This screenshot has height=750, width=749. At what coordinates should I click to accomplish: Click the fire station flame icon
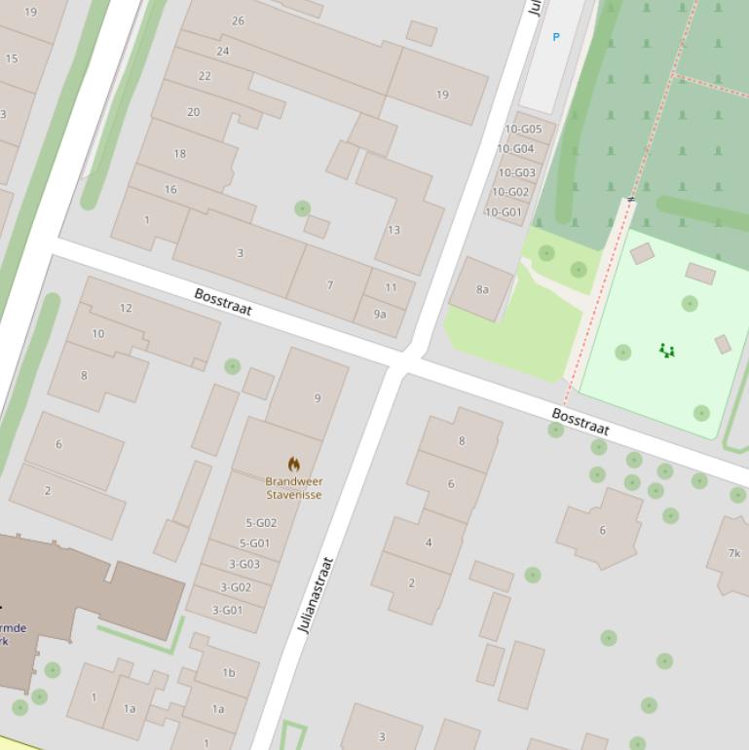(x=293, y=464)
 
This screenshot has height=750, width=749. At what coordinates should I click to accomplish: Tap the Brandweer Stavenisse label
(x=293, y=488)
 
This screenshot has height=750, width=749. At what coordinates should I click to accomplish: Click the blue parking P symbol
(x=556, y=37)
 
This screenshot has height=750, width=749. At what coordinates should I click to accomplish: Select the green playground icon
(x=666, y=350)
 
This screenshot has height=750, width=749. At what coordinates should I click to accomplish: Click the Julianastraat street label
(x=316, y=595)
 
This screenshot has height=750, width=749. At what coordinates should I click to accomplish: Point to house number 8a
(x=482, y=289)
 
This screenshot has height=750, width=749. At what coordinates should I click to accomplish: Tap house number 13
(x=393, y=230)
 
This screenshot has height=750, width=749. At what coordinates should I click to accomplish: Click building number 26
(x=239, y=20)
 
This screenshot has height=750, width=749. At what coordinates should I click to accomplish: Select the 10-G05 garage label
(x=523, y=129)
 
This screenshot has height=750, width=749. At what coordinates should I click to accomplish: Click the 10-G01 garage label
(x=504, y=212)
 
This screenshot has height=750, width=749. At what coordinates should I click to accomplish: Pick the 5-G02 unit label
(x=261, y=523)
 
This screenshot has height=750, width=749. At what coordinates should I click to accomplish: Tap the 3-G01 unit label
(x=227, y=611)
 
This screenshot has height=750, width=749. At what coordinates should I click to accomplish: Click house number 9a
(x=380, y=314)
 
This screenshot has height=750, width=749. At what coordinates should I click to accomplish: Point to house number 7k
(x=734, y=553)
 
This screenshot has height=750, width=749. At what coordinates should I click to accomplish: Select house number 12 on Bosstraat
(x=126, y=308)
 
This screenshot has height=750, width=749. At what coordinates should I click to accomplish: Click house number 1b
(x=229, y=672)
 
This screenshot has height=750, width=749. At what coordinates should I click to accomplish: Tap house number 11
(x=391, y=287)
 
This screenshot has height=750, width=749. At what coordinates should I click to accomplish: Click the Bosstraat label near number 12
(x=223, y=302)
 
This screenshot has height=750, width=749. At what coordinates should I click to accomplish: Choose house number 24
(x=223, y=51)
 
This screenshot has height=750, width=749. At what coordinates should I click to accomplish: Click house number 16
(x=170, y=189)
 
